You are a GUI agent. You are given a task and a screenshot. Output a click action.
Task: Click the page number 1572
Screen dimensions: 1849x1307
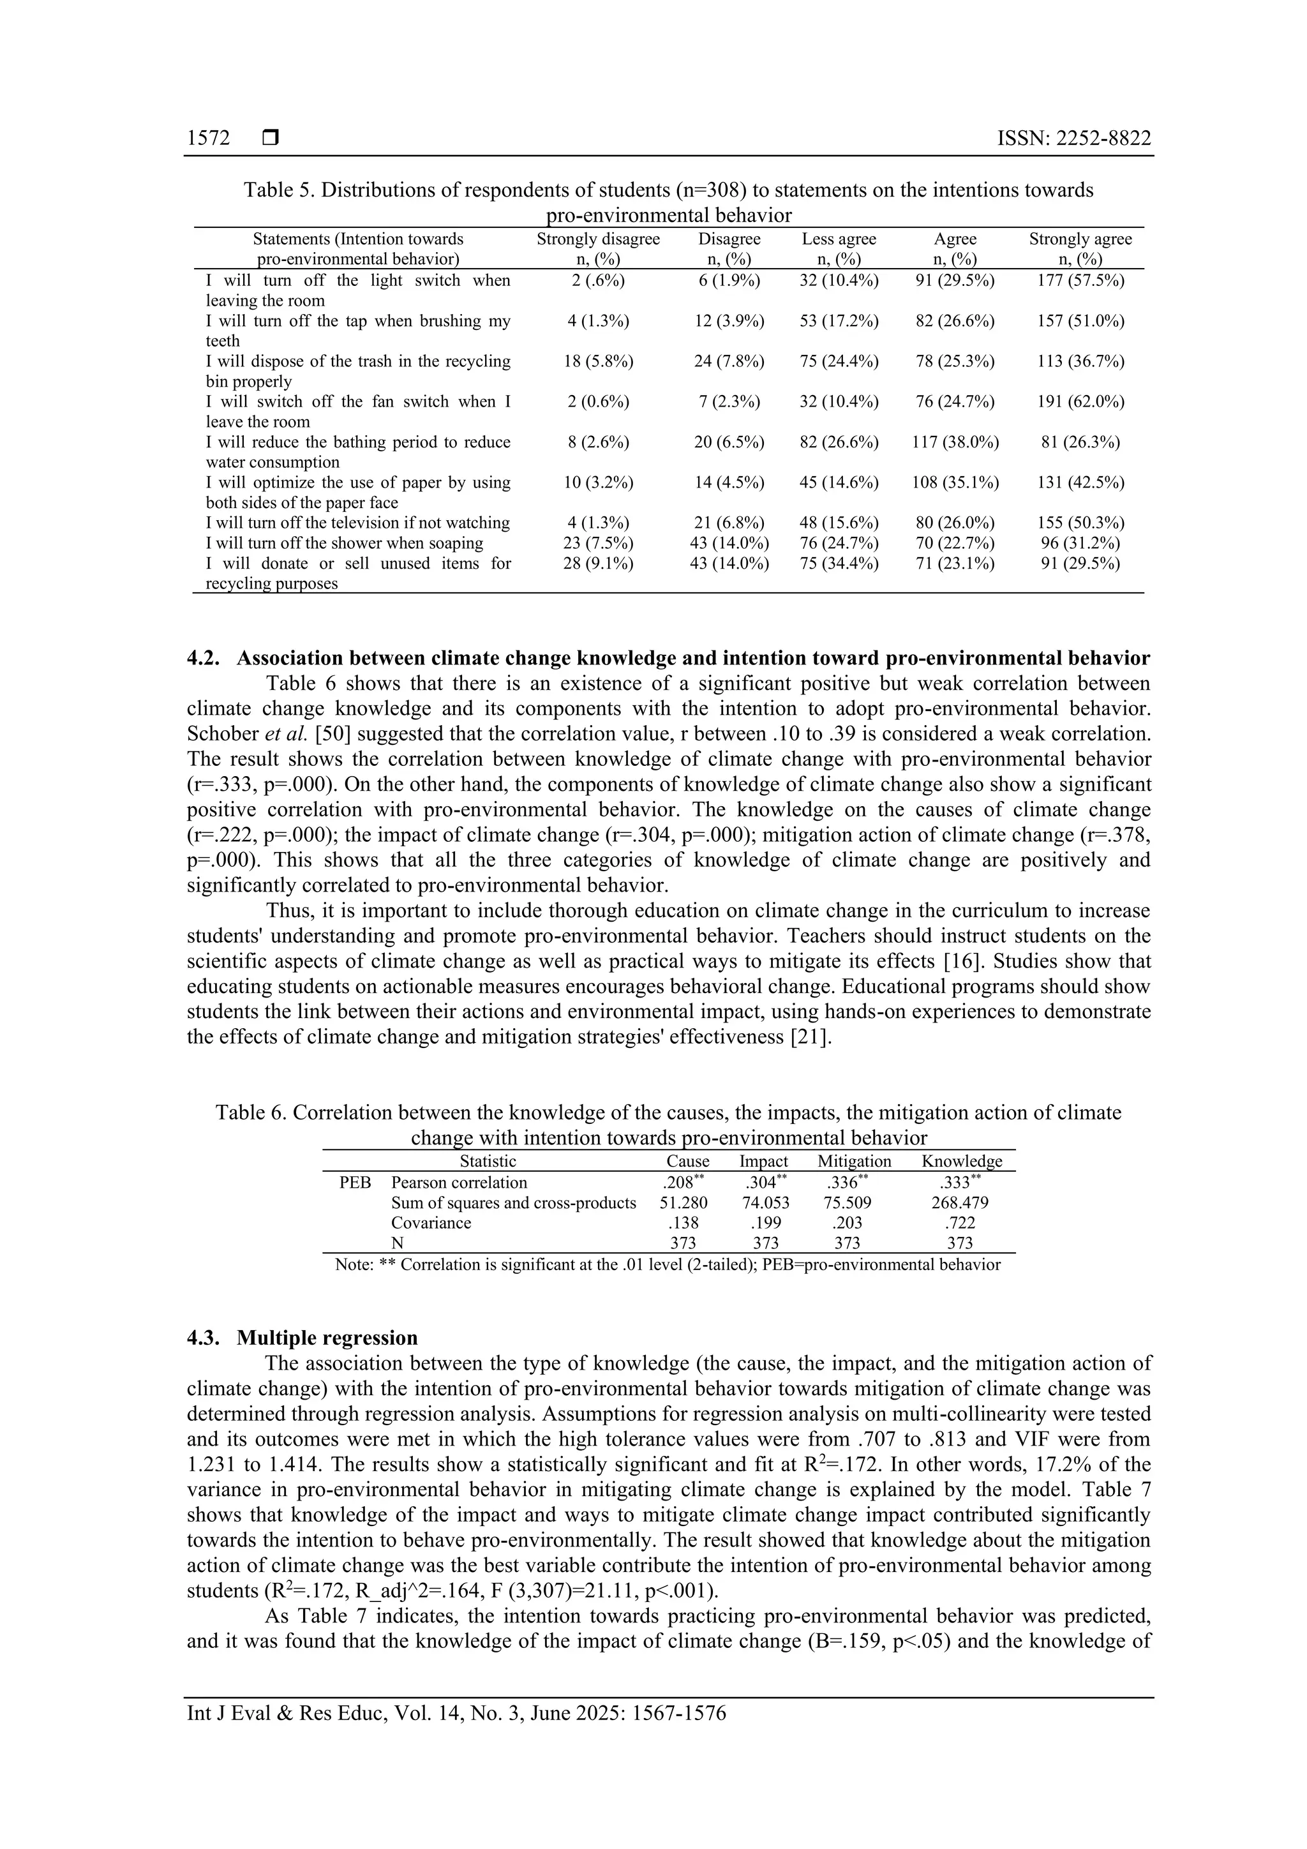click(x=208, y=138)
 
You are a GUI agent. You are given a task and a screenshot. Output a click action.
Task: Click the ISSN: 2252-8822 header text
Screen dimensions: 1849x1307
click(x=1073, y=138)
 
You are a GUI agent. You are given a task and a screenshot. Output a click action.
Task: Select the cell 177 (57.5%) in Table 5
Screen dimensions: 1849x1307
click(x=1080, y=280)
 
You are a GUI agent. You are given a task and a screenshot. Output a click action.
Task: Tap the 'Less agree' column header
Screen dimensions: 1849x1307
click(x=839, y=239)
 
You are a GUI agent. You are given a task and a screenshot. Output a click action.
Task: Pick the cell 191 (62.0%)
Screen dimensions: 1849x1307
click(x=1080, y=401)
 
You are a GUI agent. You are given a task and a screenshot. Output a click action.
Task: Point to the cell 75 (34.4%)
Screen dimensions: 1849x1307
click(x=839, y=563)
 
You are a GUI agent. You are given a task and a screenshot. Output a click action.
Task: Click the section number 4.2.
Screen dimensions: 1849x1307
click(x=205, y=658)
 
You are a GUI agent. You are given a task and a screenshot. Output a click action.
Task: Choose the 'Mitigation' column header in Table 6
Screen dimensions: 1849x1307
click(x=854, y=1160)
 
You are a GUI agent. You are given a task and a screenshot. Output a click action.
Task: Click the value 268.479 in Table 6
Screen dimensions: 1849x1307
click(x=960, y=1202)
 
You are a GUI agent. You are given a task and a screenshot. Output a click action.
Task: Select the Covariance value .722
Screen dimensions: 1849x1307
click(x=960, y=1222)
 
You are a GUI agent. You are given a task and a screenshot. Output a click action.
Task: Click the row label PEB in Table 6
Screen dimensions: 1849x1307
click(x=355, y=1182)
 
